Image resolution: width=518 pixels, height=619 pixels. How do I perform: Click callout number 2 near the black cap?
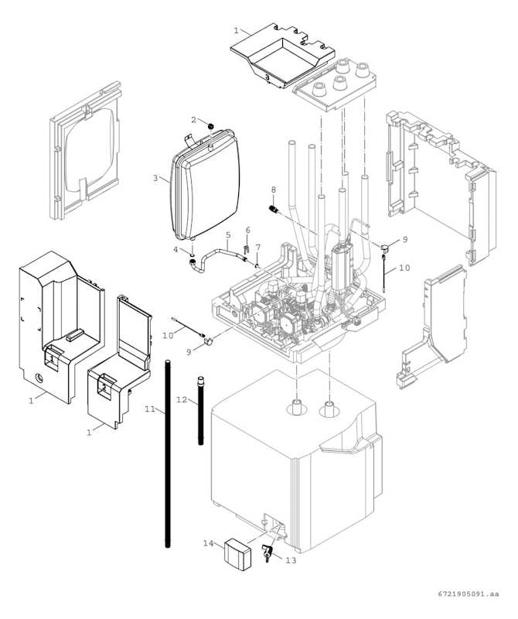195,119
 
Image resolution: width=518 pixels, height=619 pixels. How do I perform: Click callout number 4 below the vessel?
176,250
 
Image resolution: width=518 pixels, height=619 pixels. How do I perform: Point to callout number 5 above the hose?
228,234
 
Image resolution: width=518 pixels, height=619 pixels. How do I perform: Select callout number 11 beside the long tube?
149,408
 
